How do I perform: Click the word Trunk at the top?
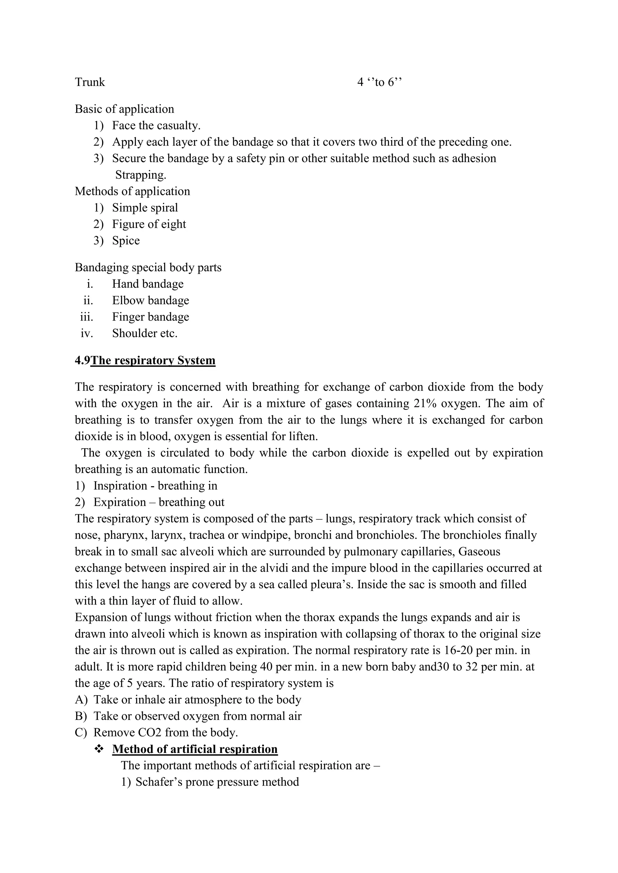point(90,82)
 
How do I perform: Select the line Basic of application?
point(124,109)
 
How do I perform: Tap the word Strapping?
point(141,175)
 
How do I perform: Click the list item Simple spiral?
point(145,208)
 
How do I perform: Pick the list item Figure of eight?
point(149,224)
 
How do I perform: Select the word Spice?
point(126,241)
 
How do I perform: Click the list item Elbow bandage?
point(150,300)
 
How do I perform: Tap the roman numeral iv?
point(87,333)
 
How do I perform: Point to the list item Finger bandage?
point(150,317)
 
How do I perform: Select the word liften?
point(303,436)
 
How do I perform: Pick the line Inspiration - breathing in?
point(155,486)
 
